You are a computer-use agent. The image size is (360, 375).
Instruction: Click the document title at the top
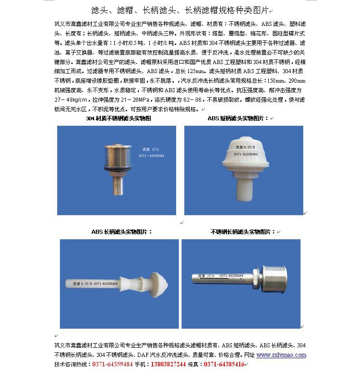tap(180, 10)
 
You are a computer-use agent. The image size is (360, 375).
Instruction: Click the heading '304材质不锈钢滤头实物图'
tap(118, 118)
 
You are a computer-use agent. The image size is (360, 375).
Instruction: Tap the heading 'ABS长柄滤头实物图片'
tap(122, 232)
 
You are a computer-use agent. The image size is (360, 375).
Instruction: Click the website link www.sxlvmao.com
tap(281, 355)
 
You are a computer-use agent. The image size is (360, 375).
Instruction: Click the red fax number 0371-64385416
tap(224, 364)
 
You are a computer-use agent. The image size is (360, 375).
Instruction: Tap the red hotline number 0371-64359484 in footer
tap(113, 364)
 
